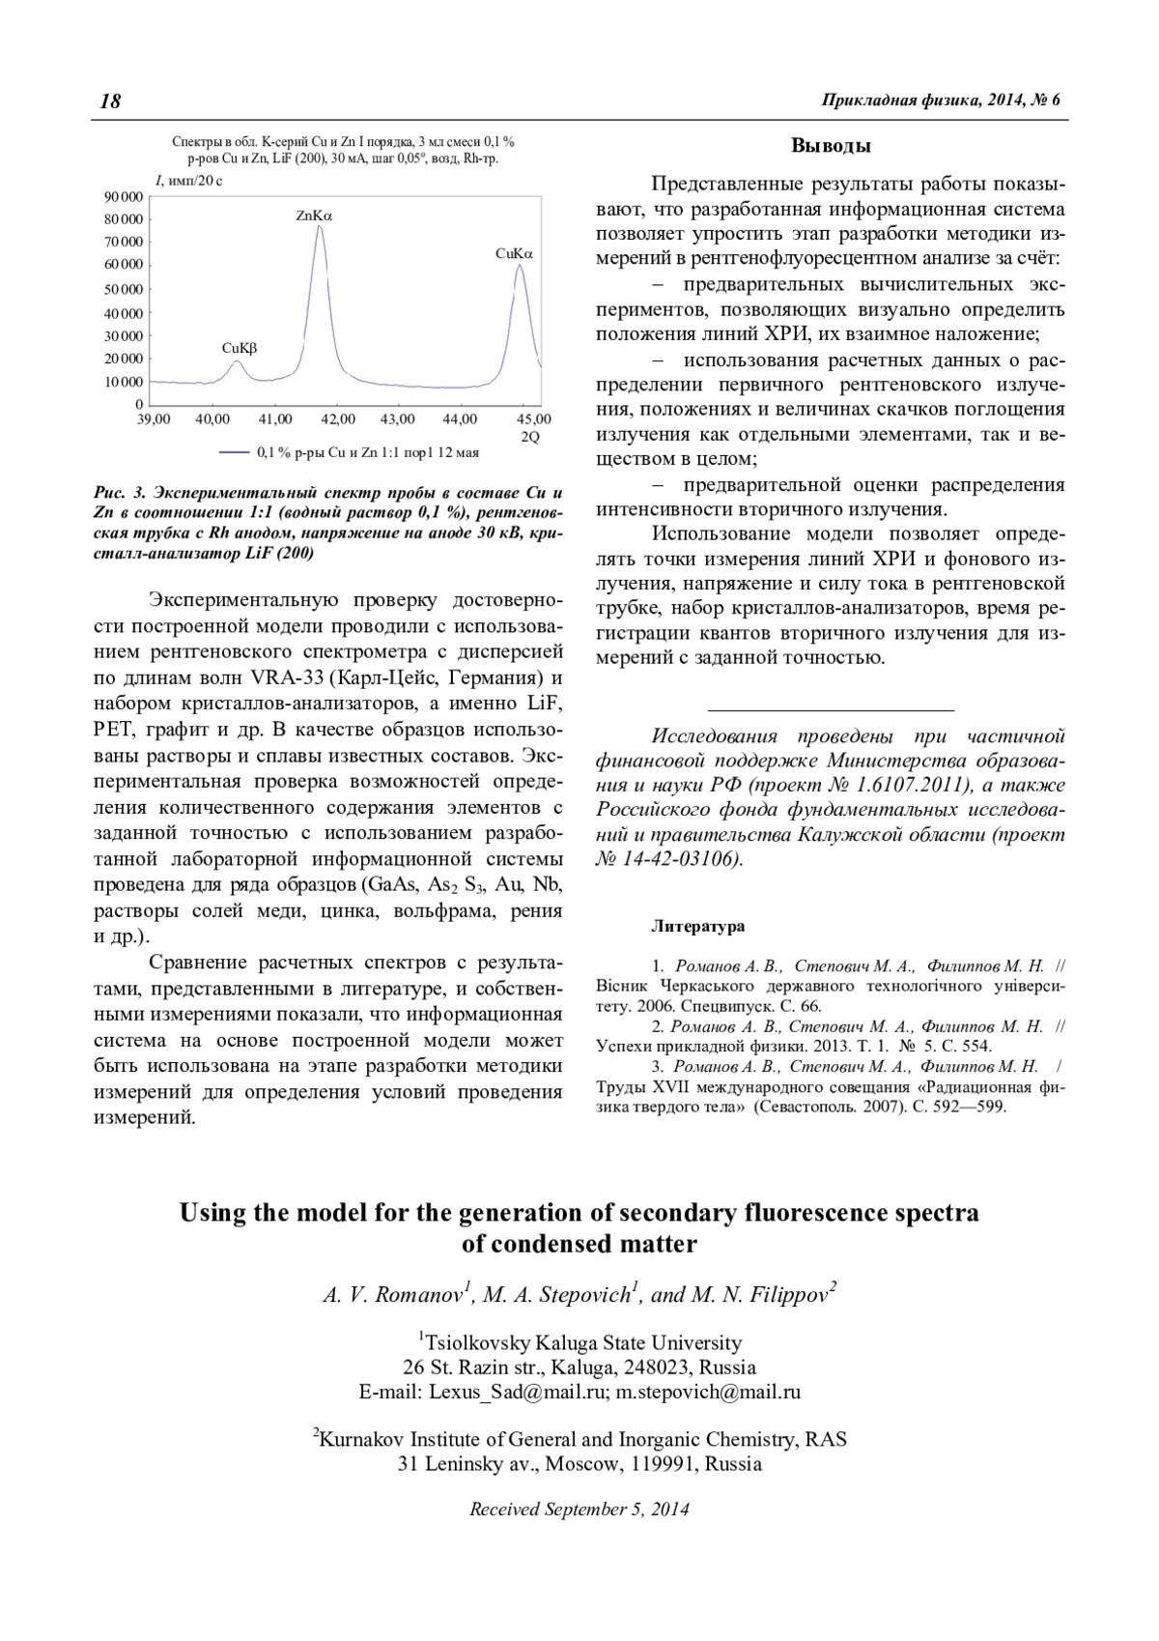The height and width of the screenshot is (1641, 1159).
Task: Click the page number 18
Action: (110, 101)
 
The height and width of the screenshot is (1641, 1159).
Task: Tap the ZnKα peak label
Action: (314, 216)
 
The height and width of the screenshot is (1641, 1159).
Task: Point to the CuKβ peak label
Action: (240, 347)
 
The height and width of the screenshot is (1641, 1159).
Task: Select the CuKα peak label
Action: (514, 254)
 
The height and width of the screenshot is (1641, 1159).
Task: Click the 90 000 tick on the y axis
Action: (124, 197)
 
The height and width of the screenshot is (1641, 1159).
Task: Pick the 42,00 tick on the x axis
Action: (337, 419)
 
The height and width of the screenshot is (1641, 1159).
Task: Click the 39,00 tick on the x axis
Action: (154, 419)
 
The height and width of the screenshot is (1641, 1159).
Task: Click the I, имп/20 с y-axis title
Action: (188, 181)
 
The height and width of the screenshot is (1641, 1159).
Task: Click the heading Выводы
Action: (832, 147)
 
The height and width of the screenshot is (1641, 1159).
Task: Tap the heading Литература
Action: (698, 927)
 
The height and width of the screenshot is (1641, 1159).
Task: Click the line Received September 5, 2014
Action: (579, 1510)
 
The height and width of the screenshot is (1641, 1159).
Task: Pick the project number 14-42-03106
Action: (685, 859)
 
